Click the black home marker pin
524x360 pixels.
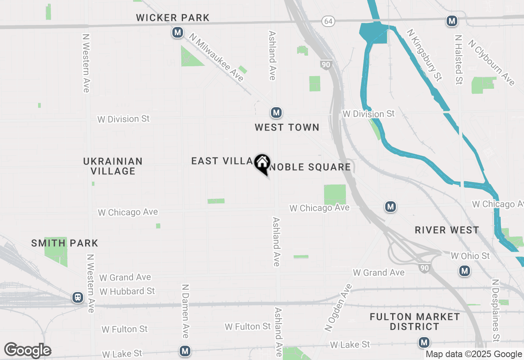262,163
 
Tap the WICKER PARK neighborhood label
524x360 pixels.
173,18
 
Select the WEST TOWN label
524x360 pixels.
287,128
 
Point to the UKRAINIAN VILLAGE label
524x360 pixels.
113,166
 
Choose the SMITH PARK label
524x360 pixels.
65,243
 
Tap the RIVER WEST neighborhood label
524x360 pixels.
447,230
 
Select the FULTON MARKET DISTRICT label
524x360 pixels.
415,322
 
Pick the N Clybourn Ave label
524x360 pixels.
491,63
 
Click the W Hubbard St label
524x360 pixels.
127,291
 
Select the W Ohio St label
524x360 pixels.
470,256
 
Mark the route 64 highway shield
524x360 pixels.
328,21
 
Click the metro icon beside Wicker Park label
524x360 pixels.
177,32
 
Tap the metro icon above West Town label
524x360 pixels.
276,112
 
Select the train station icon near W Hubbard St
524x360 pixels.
78,297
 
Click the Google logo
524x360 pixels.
27,351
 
